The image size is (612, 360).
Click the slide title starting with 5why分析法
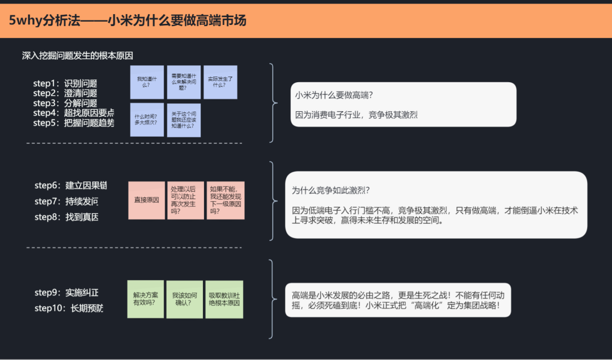coord(127,20)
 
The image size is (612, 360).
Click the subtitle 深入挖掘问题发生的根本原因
coord(77,56)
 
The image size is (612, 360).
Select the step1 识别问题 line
coord(65,83)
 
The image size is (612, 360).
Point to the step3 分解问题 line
coord(65,103)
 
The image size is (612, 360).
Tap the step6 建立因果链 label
coord(71,185)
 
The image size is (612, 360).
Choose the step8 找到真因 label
coord(67,217)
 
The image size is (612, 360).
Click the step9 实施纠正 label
coord(67,293)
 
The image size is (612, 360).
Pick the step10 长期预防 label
coord(69,308)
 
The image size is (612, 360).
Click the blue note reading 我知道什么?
coord(147,82)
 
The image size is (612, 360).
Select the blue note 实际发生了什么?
coord(220,82)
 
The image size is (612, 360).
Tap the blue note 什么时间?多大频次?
coord(147,120)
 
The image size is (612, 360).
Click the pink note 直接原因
coord(146,200)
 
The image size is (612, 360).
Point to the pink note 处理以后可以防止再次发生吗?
coord(185,200)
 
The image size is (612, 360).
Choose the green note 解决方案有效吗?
coord(146,299)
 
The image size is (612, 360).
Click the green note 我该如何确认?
coord(185,299)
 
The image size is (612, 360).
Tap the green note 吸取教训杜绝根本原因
coord(224,299)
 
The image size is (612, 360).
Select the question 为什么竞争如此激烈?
coord(331,190)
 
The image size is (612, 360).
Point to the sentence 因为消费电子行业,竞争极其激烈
coord(356,115)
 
